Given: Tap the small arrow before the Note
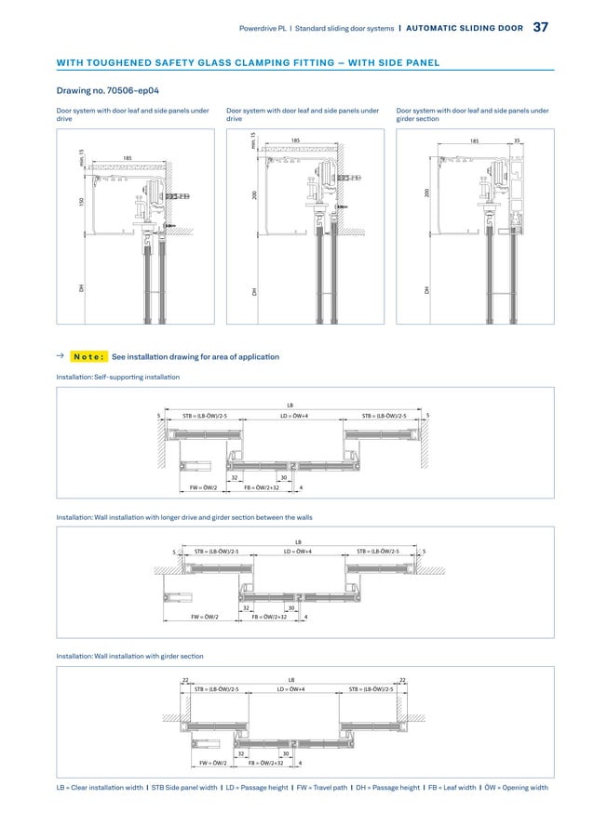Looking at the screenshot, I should click(x=61, y=356).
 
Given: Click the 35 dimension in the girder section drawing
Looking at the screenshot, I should click(x=518, y=142).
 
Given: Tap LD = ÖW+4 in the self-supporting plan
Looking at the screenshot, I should click(x=296, y=417).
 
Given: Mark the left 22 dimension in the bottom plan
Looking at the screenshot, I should click(x=185, y=680).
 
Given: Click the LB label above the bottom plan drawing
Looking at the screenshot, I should click(x=290, y=680).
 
